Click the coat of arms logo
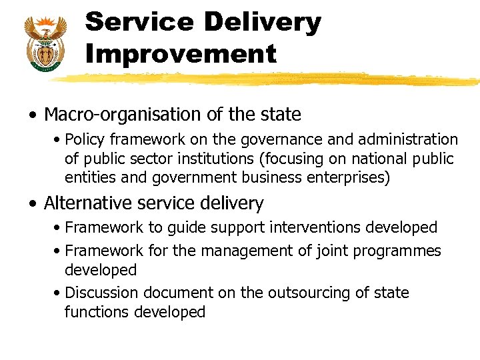click(45, 41)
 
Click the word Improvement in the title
click(181, 53)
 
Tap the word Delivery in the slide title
click(262, 22)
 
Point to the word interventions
click(318, 227)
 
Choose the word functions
click(97, 312)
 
